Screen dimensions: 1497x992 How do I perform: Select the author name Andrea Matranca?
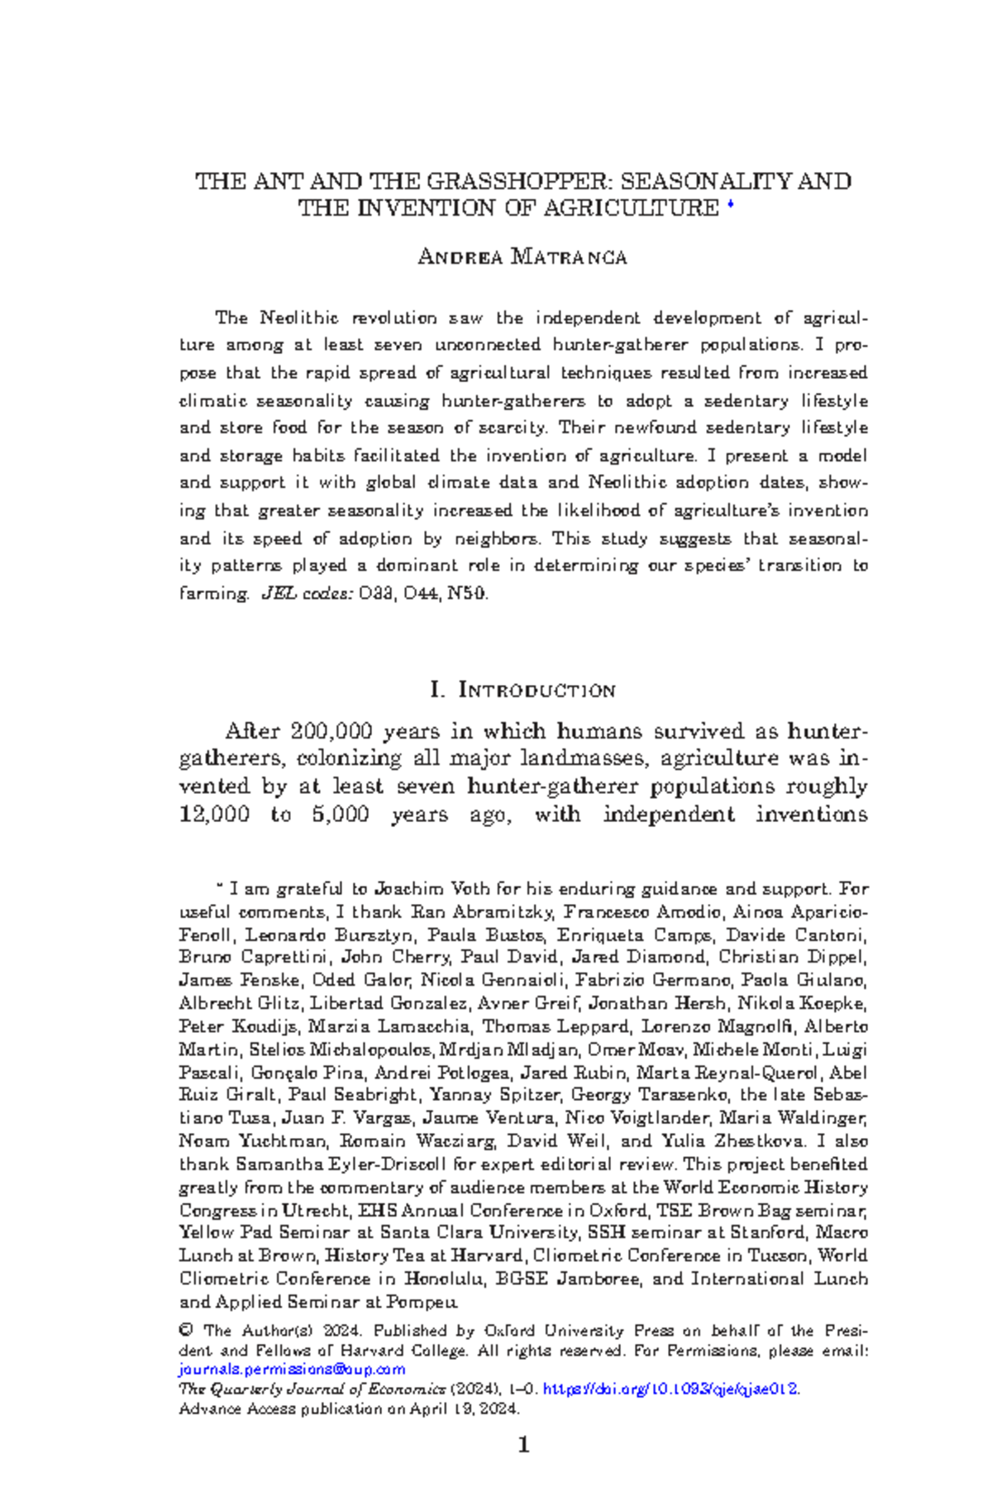[522, 257]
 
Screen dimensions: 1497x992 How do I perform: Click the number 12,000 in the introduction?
[214, 815]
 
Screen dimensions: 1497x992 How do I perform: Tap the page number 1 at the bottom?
[522, 1445]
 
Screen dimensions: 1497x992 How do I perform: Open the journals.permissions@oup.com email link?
[292, 1369]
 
